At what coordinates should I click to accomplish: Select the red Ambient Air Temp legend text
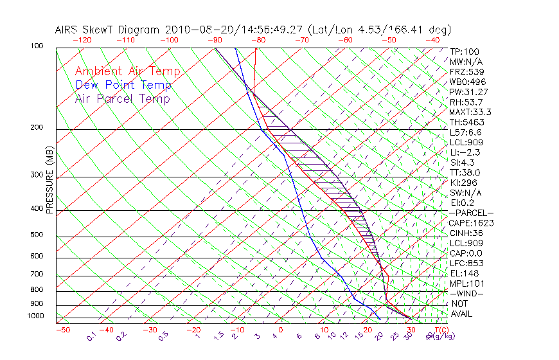pyautogui.click(x=127, y=71)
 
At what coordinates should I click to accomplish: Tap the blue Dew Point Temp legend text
pyautogui.click(x=123, y=85)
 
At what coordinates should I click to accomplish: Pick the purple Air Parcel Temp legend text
pyautogui.click(x=122, y=98)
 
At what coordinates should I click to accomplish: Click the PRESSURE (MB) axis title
pyautogui.click(x=49, y=179)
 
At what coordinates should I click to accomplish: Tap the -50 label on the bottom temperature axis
pyautogui.click(x=62, y=330)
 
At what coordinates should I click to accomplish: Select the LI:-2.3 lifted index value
pyautogui.click(x=465, y=152)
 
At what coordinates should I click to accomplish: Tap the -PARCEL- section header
pyautogui.click(x=471, y=213)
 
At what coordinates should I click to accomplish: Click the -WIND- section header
pyautogui.click(x=467, y=293)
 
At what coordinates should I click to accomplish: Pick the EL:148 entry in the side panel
pyautogui.click(x=465, y=273)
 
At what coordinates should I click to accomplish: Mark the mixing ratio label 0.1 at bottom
pyautogui.click(x=92, y=335)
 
